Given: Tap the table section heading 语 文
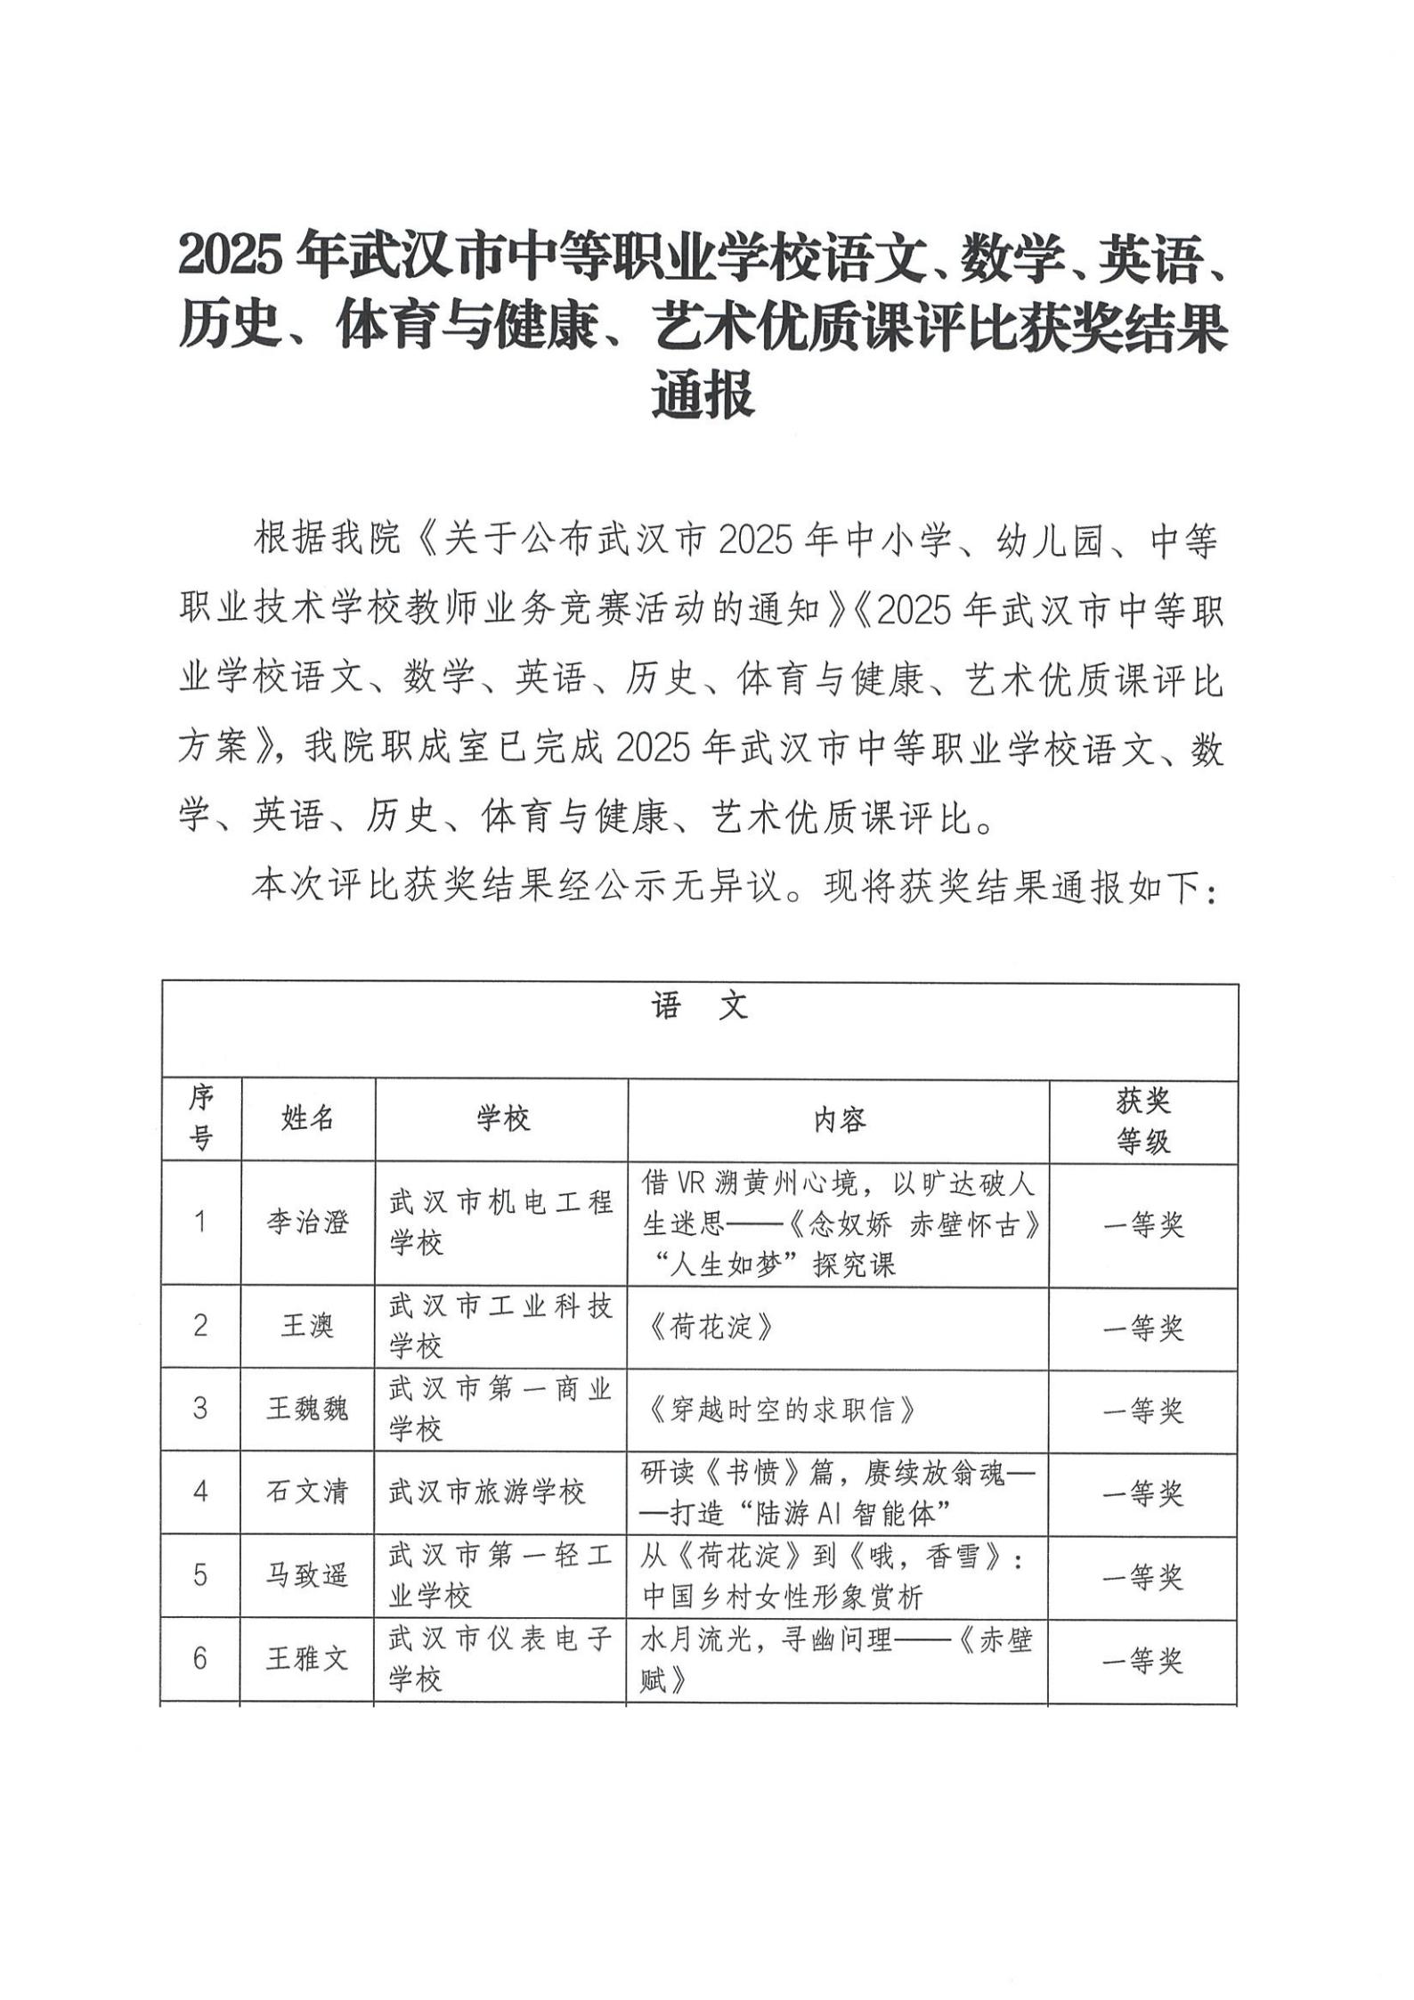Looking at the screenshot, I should pyautogui.click(x=700, y=1008).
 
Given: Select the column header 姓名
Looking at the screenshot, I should pyautogui.click(x=307, y=1118).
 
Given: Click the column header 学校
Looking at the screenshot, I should pyautogui.click(x=502, y=1118).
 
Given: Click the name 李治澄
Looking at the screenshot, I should pyautogui.click(x=307, y=1224).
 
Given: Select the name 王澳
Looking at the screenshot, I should pyautogui.click(x=307, y=1327).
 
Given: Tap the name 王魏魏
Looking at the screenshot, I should pyautogui.click(x=307, y=1410).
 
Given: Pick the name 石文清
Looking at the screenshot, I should pyautogui.click(x=307, y=1492).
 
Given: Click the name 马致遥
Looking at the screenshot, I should pyautogui.click(x=307, y=1576).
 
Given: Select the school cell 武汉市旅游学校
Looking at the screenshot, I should pyautogui.click(x=486, y=1492).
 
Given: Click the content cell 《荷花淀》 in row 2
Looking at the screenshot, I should pyautogui.click(x=710, y=1327).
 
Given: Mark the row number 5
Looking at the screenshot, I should pyautogui.click(x=200, y=1576).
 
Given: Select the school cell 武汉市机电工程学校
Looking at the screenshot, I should pyautogui.click(x=501, y=1224).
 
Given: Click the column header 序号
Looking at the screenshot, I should pyautogui.click(x=201, y=1118).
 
